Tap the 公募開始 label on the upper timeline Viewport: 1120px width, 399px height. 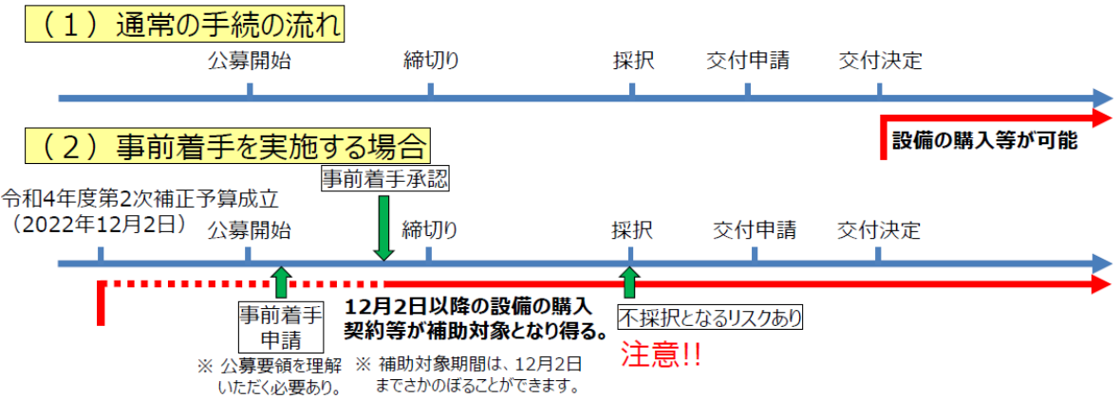[x=249, y=62]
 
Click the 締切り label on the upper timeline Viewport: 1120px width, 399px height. [x=431, y=62]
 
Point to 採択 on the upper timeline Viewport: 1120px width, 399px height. [x=632, y=62]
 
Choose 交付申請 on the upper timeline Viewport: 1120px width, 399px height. [x=748, y=62]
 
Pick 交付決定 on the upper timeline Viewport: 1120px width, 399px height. [x=880, y=62]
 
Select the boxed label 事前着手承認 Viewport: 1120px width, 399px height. [x=383, y=178]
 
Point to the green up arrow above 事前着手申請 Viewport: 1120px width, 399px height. [x=280, y=282]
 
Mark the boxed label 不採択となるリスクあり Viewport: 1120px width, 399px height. [x=711, y=317]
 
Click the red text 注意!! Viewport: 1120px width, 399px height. [x=661, y=355]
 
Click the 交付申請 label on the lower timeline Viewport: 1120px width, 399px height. [x=755, y=230]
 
